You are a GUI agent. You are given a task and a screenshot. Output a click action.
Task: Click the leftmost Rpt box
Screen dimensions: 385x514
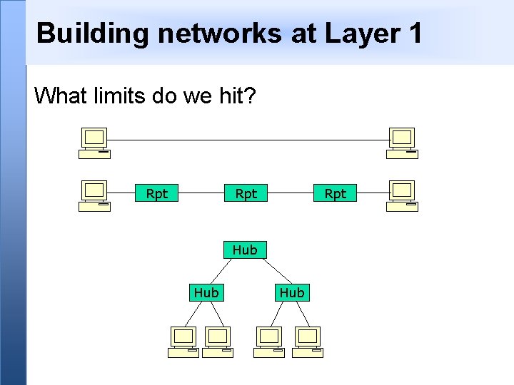pyautogui.click(x=157, y=193)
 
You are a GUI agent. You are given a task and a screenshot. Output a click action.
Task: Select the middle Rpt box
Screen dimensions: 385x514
pyautogui.click(x=246, y=193)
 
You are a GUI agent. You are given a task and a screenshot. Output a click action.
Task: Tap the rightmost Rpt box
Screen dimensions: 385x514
pyautogui.click(x=335, y=193)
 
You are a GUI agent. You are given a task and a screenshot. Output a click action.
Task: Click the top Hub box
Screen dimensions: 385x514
pyautogui.click(x=245, y=250)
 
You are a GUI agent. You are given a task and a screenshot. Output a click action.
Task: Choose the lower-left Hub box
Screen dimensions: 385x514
pyautogui.click(x=206, y=292)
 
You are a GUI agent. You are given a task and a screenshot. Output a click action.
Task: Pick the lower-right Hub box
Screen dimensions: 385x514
pyautogui.click(x=292, y=292)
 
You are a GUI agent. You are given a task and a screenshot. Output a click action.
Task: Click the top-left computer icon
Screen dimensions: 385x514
pyautogui.click(x=94, y=143)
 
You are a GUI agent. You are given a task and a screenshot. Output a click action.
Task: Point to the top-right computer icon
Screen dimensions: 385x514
pyautogui.click(x=402, y=143)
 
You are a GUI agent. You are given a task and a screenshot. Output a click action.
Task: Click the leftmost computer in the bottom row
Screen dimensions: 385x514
pyautogui.click(x=183, y=342)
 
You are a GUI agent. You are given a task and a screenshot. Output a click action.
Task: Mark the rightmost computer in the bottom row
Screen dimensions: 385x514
pyautogui.click(x=308, y=342)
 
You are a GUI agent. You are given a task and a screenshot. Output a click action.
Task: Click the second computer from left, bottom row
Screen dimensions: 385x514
pyautogui.click(x=218, y=342)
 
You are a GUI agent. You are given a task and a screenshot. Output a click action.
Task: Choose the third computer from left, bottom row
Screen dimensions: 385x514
pyautogui.click(x=269, y=342)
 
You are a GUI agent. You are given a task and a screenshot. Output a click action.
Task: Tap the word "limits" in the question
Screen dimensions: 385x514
pyautogui.click(x=117, y=95)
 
